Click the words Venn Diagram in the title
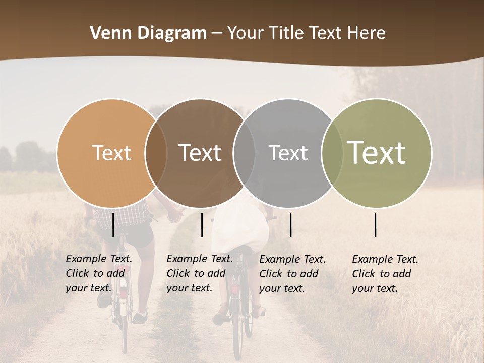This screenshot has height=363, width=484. pyautogui.click(x=148, y=33)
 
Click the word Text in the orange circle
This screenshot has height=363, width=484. pyautogui.click(x=111, y=153)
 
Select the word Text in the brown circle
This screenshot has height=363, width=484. pyautogui.click(x=200, y=153)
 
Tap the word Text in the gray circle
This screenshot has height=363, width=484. pyautogui.click(x=288, y=153)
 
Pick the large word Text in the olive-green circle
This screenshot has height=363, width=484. pyautogui.click(x=376, y=152)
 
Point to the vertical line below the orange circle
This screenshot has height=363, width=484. pyautogui.click(x=113, y=225)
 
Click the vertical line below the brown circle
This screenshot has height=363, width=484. pyautogui.click(x=202, y=225)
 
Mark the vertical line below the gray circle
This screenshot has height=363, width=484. pyautogui.click(x=290, y=225)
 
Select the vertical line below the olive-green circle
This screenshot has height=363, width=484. pyautogui.click(x=376, y=225)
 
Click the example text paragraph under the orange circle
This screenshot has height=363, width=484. pyautogui.click(x=98, y=273)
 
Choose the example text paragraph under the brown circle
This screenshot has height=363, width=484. pyautogui.click(x=199, y=273)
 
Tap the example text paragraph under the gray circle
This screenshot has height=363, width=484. pyautogui.click(x=292, y=274)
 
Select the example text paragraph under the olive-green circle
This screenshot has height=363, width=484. pyautogui.click(x=385, y=274)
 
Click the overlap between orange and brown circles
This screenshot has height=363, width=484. pyautogui.click(x=156, y=153)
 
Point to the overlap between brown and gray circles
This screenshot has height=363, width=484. pyautogui.click(x=244, y=153)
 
